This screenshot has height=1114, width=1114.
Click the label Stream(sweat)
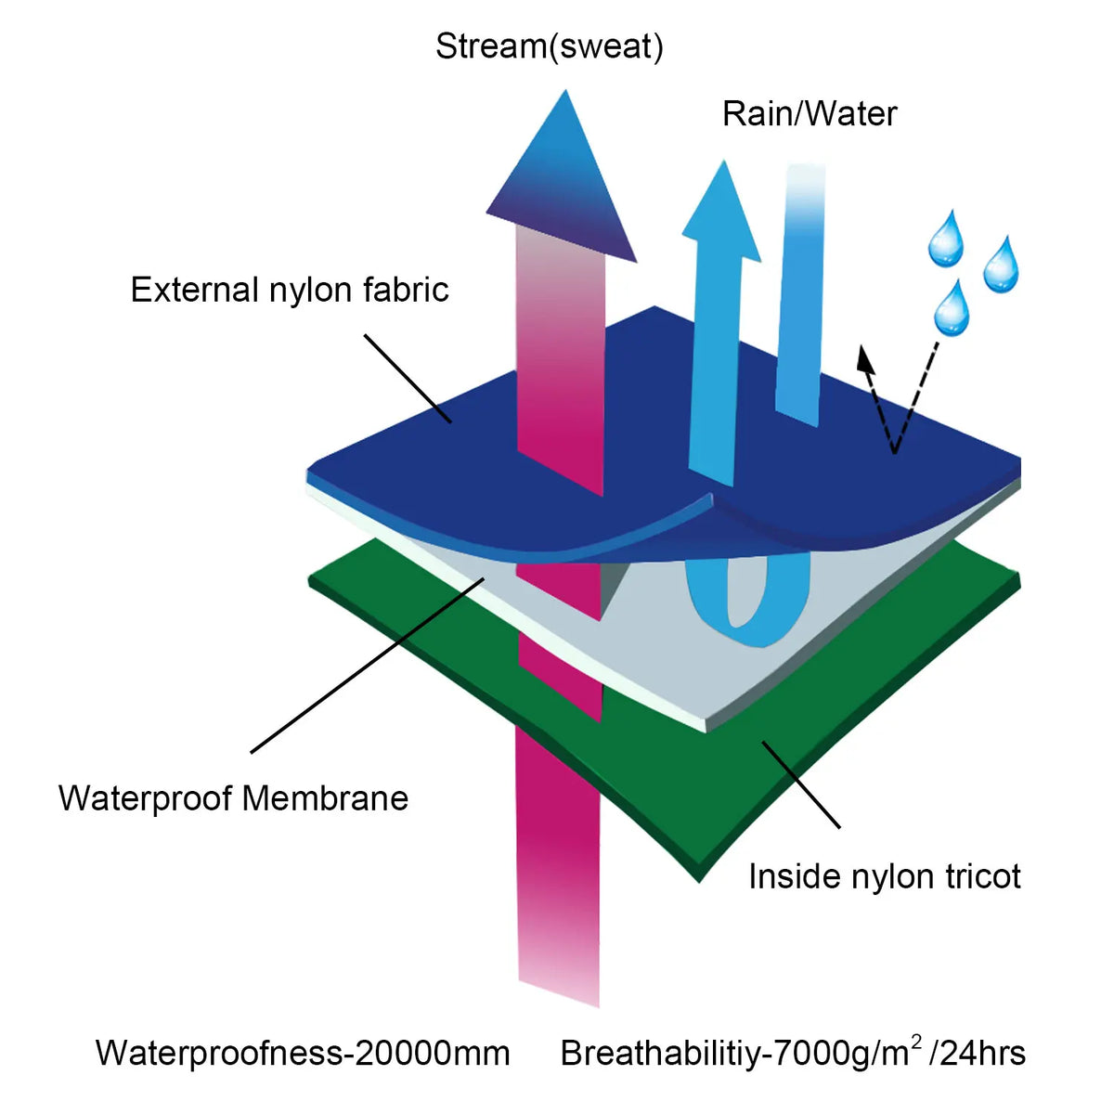pos(549,47)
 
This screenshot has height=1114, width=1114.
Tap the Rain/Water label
pos(810,113)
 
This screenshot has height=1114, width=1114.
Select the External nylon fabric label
pos(290,289)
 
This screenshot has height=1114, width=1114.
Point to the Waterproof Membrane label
pos(234,799)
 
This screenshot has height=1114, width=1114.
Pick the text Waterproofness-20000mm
pos(303,1052)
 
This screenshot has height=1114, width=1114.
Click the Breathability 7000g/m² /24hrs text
pos(793,1052)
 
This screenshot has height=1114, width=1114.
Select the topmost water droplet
pos(946,240)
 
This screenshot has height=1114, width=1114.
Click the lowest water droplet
pos(952,308)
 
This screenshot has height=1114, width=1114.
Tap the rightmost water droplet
pos(1002,265)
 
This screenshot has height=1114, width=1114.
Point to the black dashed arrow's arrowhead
pos(865,358)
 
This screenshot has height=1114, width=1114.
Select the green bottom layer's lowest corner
pos(699,882)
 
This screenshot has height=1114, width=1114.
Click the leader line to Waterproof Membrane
pos(367,666)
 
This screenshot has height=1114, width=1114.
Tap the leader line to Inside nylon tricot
pos(800,785)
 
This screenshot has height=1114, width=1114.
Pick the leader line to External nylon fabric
pos(408,379)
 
